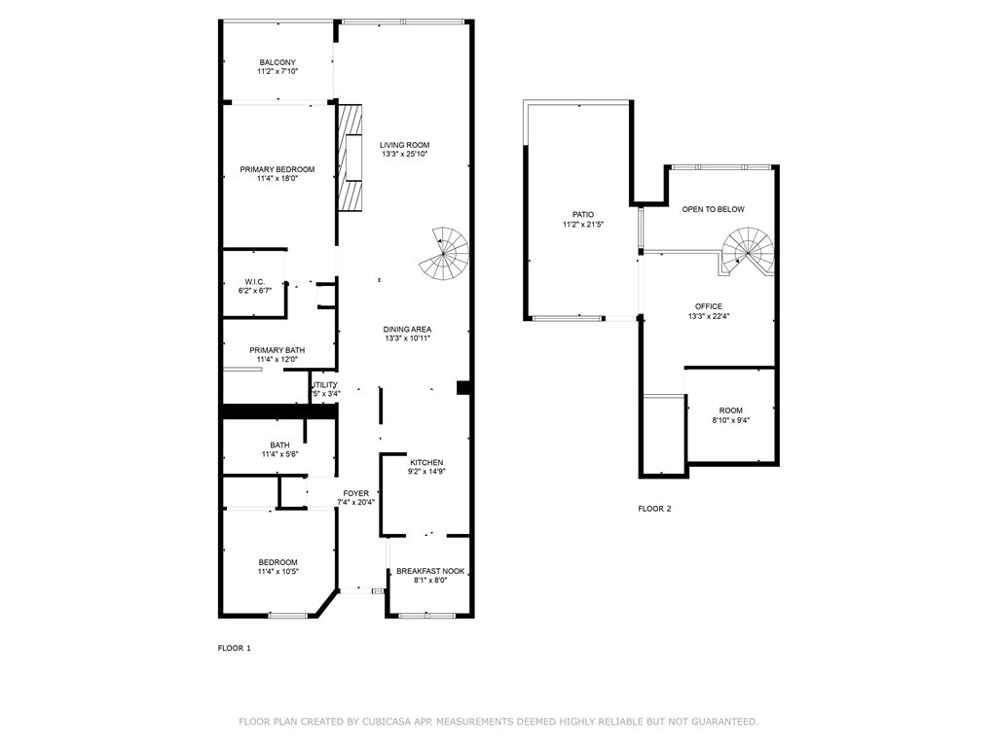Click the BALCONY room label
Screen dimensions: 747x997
pos(277,62)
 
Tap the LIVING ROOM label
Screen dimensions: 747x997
pos(404,145)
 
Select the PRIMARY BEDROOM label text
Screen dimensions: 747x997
pos(277,169)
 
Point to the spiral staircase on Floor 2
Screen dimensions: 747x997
pos(748,251)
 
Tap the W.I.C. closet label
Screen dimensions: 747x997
pos(255,281)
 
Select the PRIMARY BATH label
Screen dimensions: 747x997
pos(277,350)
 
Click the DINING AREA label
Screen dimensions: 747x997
pos(407,329)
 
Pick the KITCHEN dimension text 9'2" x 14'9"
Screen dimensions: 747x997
pos(426,472)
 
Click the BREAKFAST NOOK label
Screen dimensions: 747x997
pos(429,571)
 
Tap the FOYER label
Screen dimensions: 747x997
pos(355,493)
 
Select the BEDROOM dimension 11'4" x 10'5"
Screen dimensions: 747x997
pos(277,572)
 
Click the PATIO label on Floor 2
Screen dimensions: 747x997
pos(582,215)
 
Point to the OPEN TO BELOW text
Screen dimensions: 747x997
pos(713,209)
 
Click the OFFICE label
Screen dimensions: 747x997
pos(708,306)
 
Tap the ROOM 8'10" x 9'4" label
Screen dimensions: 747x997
pos(730,410)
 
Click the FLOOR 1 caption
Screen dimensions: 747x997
pos(234,648)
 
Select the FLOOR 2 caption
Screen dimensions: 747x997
pos(654,509)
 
